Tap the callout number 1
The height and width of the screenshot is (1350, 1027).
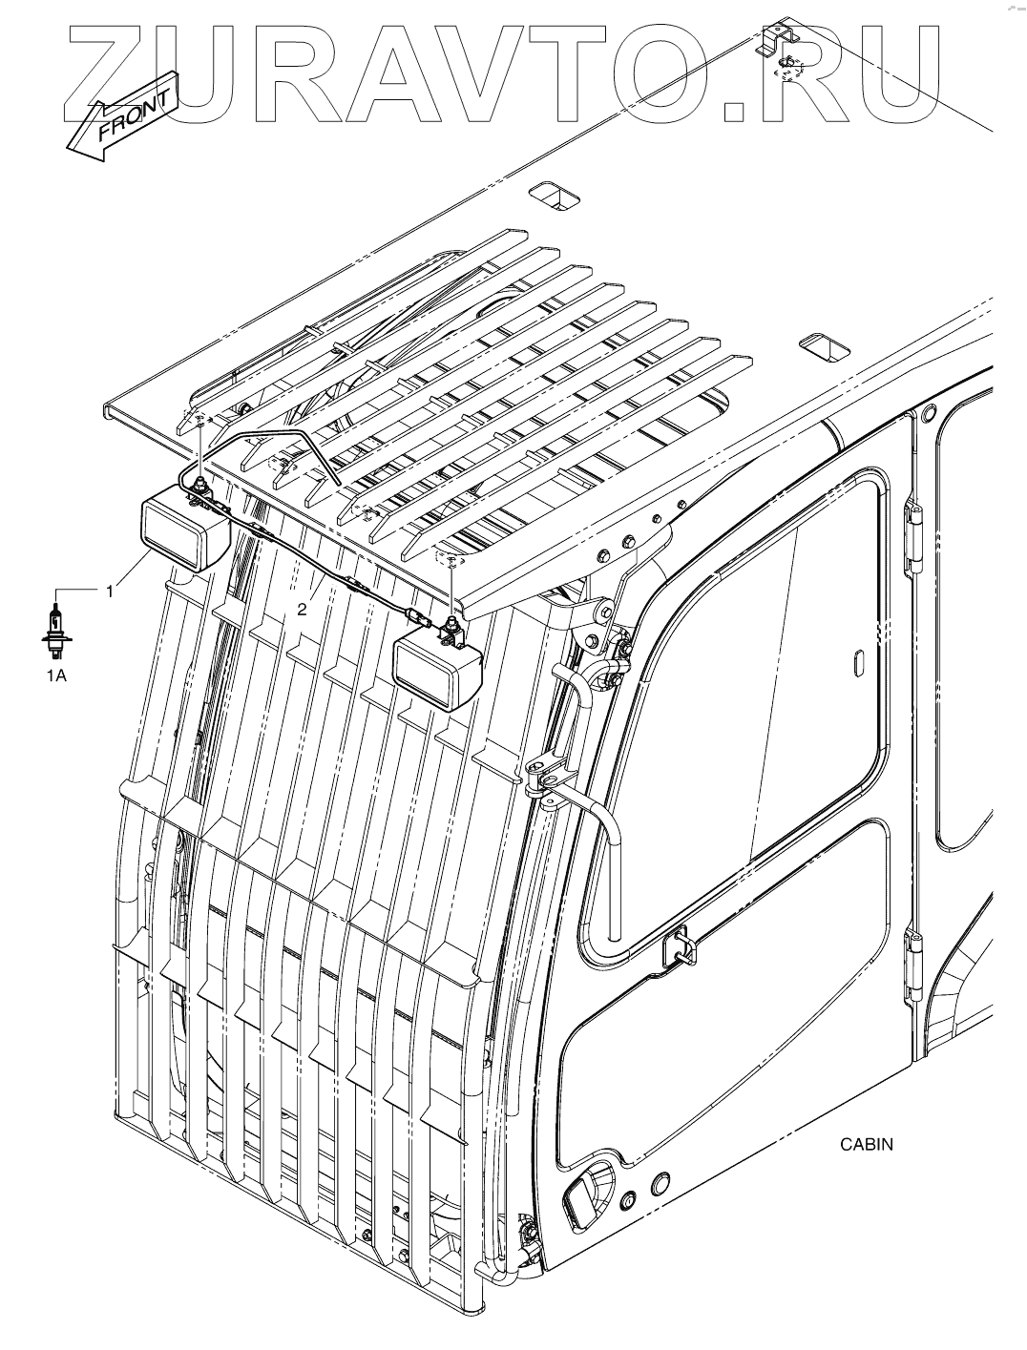[110, 592]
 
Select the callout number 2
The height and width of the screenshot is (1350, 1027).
[303, 610]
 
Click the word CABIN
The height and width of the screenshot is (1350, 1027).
[866, 1144]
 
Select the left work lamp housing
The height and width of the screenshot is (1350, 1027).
[184, 530]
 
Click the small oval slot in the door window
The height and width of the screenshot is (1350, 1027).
[856, 659]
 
